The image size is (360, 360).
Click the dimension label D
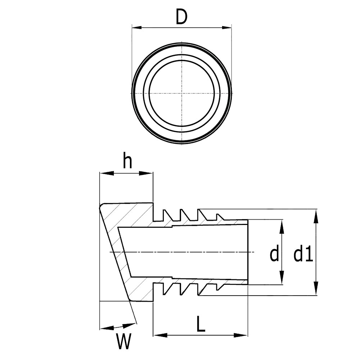click(x=182, y=17)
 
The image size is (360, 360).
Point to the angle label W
click(x=123, y=342)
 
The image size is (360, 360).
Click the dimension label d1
click(x=302, y=255)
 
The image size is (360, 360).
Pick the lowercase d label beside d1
click(x=274, y=255)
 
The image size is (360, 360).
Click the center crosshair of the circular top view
click(x=182, y=93)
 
